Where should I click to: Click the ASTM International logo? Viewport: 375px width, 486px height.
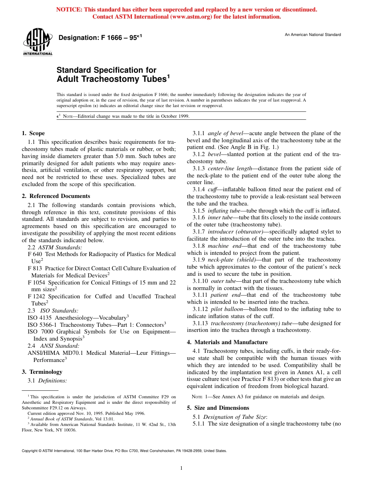[37, 43]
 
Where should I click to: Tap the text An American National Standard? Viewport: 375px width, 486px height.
[313, 35]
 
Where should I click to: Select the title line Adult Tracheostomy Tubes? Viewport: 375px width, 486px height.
[113, 79]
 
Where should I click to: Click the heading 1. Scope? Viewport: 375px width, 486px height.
[33, 133]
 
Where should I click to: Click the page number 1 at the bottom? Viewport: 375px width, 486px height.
[181, 468]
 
